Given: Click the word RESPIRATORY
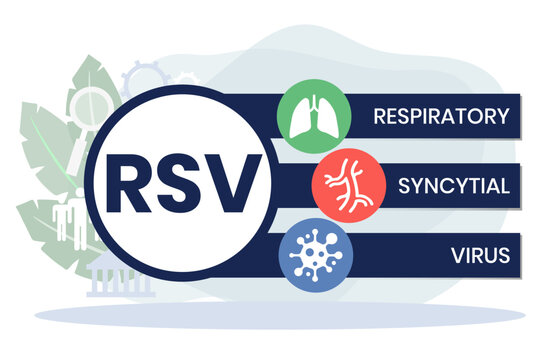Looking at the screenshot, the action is coord(441,114).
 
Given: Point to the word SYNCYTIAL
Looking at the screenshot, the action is coord(455,185).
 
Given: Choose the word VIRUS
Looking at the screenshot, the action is coord(481,254).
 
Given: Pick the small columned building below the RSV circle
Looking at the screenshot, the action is coord(107,279).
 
